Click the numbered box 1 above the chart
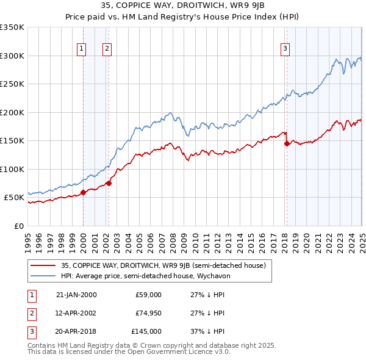click(82, 49)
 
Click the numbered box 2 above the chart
click(107, 49)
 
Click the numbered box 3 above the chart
click(285, 49)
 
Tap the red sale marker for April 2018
click(287, 144)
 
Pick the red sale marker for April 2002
click(109, 183)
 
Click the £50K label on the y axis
click(14, 198)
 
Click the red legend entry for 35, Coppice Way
click(163, 266)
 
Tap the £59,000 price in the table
click(148, 295)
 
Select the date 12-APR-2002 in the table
click(76, 313)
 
